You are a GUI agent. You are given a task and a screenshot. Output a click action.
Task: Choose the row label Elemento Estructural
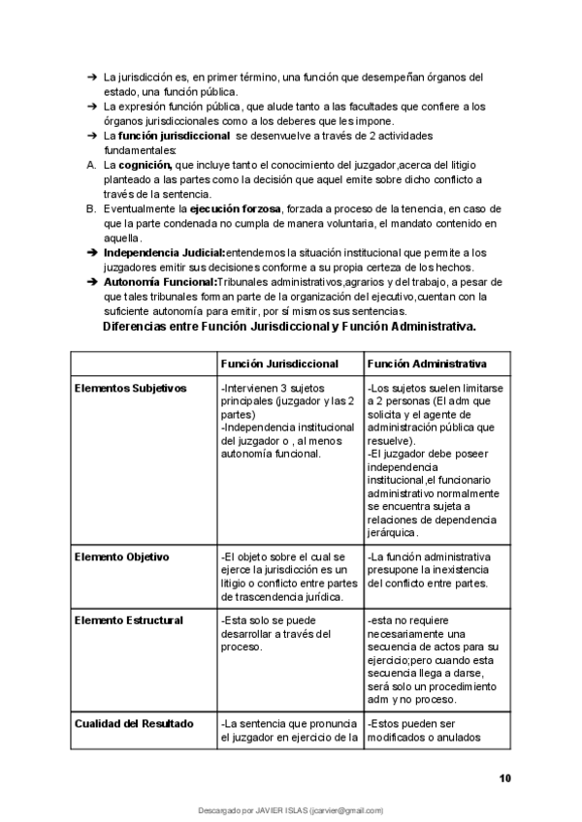[128, 620]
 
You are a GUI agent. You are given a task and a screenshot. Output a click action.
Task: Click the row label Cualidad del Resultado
[134, 723]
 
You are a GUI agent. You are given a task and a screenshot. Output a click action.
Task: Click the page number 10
[504, 777]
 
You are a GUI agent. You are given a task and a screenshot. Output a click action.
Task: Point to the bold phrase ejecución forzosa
[235, 209]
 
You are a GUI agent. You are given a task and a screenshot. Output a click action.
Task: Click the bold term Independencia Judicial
[163, 252]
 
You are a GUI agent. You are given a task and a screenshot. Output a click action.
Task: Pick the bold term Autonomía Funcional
[160, 281]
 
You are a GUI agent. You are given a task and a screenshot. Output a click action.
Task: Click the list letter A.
[90, 166]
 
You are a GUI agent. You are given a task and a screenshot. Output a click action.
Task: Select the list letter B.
[90, 209]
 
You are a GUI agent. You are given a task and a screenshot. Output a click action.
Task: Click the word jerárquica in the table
[393, 532]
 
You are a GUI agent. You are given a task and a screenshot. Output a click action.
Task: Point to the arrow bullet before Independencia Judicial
[90, 252]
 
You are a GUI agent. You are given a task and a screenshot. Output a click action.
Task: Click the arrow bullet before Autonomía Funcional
[90, 281]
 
